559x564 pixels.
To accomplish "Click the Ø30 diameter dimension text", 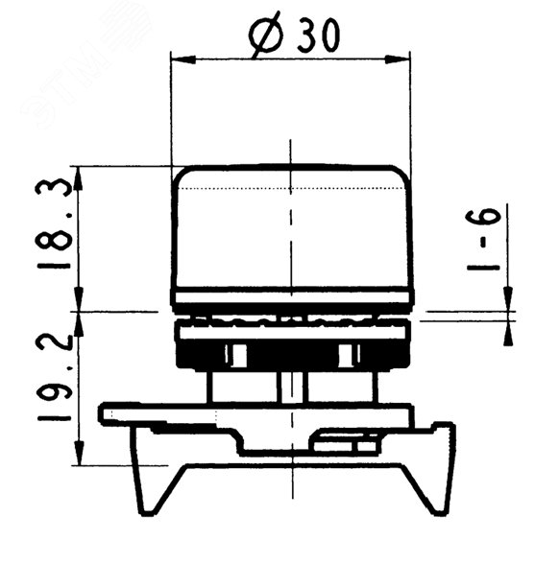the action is [x=294, y=34].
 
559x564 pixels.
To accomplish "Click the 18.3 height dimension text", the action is [x=53, y=223].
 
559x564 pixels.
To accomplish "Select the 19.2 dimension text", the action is [x=55, y=377].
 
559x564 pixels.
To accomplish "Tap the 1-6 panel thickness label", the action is [x=483, y=240].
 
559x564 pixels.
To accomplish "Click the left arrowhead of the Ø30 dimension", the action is [x=182, y=59].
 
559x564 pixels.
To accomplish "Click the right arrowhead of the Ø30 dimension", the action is [x=398, y=59].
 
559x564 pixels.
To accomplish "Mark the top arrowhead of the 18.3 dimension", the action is [x=79, y=177].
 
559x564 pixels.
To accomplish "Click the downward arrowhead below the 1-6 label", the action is [x=508, y=298].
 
